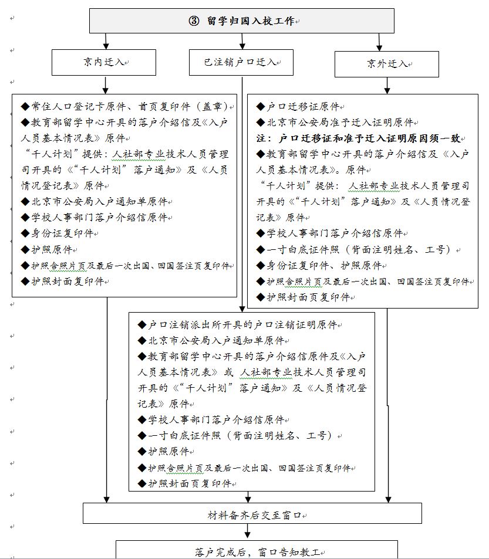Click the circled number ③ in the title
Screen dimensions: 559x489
coord(194,21)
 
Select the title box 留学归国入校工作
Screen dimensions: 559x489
coord(241,21)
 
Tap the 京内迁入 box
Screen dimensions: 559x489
coord(104,62)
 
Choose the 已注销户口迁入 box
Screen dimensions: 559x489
coord(241,62)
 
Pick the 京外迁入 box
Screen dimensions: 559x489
coord(386,64)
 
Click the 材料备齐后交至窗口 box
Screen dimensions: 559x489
coord(252,514)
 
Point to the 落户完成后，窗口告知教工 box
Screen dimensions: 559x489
coord(257,551)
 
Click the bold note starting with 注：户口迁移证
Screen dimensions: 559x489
coord(361,138)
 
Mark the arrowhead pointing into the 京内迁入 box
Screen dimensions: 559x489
coord(106,46)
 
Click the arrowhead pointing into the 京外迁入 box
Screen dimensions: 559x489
coord(380,46)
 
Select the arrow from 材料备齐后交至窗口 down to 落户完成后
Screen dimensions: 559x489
coord(247,531)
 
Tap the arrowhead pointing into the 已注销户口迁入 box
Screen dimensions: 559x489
coord(242,46)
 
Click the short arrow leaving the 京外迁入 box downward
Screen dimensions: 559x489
coord(387,86)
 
